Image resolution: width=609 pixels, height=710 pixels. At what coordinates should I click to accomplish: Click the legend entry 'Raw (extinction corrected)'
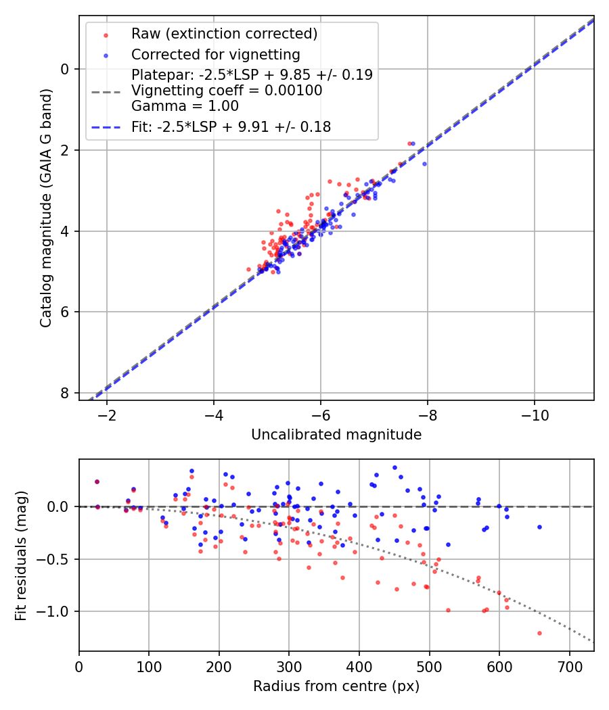(x=224, y=34)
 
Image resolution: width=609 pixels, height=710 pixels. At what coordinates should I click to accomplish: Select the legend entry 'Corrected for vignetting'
(x=215, y=54)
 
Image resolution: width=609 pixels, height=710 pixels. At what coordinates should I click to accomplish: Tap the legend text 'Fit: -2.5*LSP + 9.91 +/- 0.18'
(x=231, y=126)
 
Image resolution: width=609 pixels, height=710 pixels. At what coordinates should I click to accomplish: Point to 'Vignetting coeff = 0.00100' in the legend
(x=227, y=91)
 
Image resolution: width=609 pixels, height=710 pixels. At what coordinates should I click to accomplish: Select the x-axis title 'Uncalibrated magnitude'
(x=336, y=435)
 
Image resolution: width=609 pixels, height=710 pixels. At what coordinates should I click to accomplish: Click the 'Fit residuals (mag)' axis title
(x=21, y=555)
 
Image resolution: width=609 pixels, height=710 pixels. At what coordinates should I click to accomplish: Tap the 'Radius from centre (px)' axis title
(x=336, y=686)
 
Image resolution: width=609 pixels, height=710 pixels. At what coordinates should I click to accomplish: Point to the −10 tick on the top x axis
(x=534, y=415)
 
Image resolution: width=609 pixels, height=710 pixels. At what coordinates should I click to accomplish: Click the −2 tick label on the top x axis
(x=107, y=415)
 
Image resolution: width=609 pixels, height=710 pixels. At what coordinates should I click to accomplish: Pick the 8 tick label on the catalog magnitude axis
(x=65, y=393)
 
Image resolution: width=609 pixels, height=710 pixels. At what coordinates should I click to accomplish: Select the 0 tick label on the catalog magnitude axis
(x=65, y=69)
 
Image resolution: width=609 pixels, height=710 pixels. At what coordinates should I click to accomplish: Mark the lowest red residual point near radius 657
(x=539, y=633)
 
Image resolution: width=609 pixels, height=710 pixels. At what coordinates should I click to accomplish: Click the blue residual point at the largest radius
(x=539, y=527)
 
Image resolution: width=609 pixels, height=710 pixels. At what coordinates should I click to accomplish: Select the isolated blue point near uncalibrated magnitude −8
(x=424, y=164)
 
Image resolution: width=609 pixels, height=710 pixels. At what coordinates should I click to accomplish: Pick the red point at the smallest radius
(x=97, y=481)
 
